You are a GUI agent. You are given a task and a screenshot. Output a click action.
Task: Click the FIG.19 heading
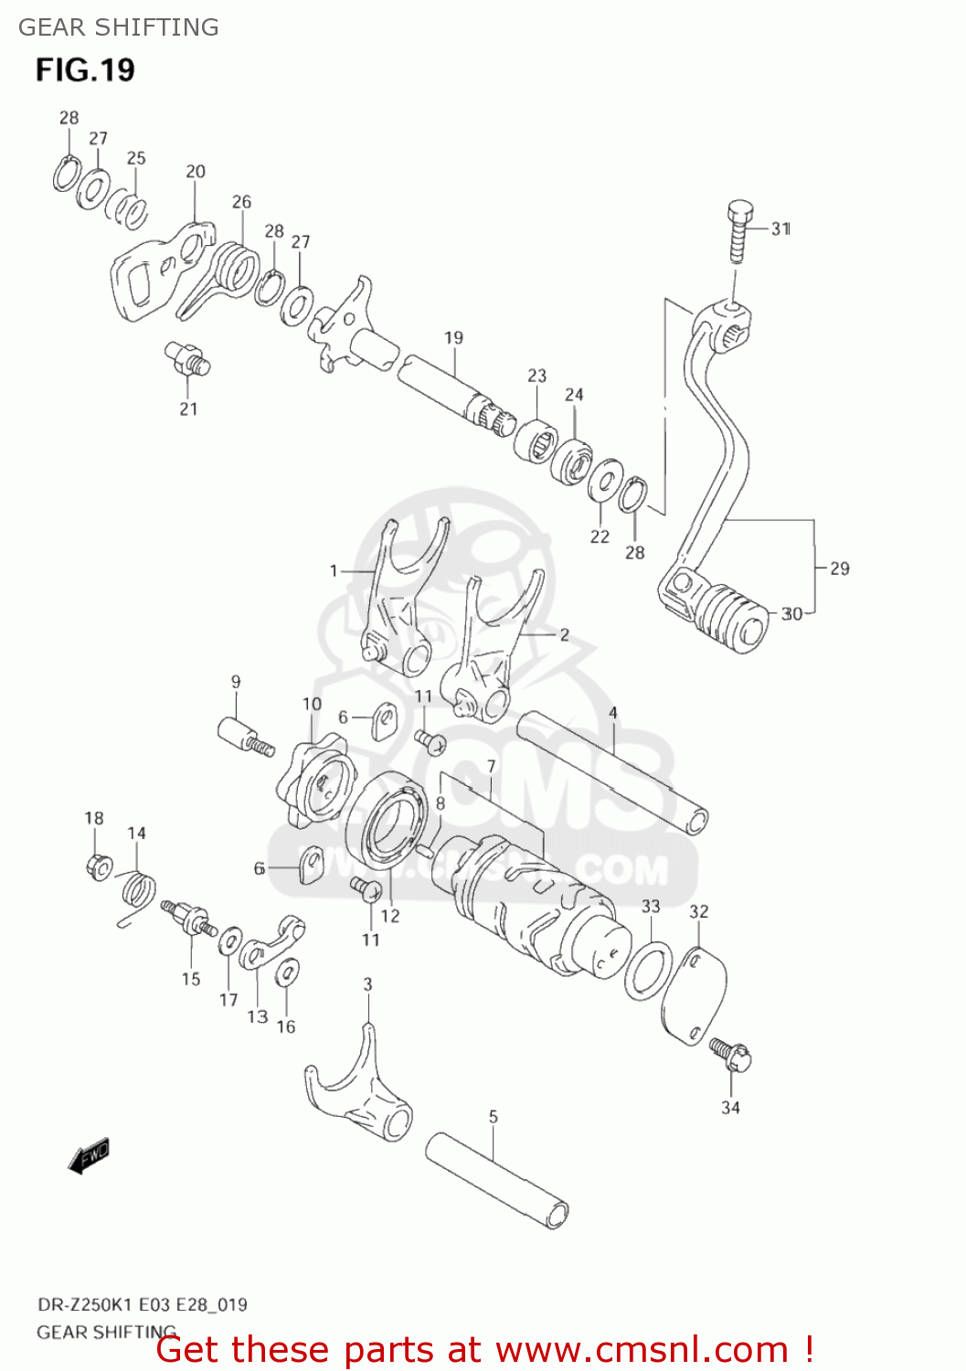[x=85, y=70]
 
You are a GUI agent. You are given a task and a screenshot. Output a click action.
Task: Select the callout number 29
[x=839, y=569]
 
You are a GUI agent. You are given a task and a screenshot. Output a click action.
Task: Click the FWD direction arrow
[x=89, y=1155]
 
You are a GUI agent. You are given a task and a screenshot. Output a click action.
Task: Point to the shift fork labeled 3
[x=358, y=1092]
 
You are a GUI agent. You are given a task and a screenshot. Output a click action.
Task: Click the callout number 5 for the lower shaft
[x=494, y=1116]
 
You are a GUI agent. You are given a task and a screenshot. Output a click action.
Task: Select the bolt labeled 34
[x=731, y=1057]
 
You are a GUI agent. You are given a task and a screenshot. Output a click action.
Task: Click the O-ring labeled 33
[x=649, y=972]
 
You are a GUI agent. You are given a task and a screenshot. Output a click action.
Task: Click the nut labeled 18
[x=98, y=865]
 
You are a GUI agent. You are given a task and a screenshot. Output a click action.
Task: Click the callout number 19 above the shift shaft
[x=453, y=338]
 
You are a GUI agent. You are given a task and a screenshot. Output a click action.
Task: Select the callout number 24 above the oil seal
[x=574, y=395]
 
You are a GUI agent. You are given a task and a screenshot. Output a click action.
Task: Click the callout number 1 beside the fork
[x=334, y=571]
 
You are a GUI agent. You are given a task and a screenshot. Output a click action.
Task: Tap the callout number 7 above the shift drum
[x=491, y=766]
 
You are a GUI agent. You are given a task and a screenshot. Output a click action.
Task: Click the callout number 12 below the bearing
[x=390, y=916]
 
